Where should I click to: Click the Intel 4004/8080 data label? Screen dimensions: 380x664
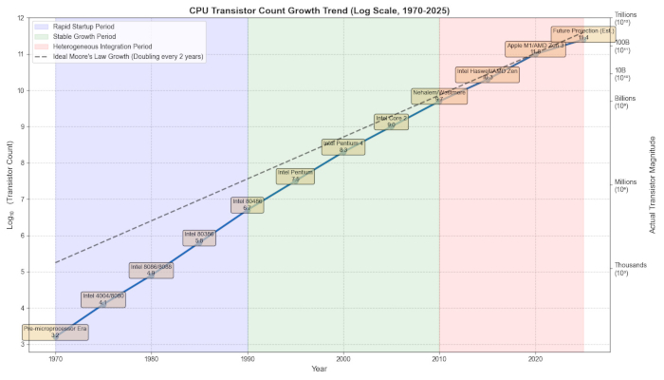[x=103, y=298]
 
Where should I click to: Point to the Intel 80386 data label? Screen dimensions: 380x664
[x=199, y=237]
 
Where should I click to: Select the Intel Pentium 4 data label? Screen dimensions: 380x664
[x=342, y=146]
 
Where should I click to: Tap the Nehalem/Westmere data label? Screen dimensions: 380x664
[x=439, y=95]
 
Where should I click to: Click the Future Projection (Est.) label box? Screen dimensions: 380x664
[x=583, y=34]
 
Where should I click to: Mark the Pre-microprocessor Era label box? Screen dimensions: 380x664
[x=55, y=332]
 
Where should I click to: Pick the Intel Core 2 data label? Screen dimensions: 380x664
[x=391, y=121]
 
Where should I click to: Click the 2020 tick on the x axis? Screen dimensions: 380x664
[x=536, y=360]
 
